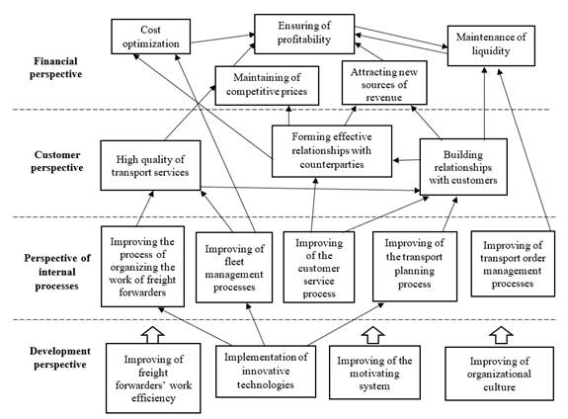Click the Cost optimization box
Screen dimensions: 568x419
151,37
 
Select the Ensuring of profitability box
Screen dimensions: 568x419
304,34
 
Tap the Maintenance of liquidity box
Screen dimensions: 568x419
491,45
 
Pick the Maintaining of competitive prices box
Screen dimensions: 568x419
267,86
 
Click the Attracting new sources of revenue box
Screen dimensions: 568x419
384,83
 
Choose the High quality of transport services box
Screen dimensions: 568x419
150,165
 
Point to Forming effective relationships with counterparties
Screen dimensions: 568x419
332,151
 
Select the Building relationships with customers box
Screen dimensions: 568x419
463,167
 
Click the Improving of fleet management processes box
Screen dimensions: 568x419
234,268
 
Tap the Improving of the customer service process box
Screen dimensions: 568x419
319,267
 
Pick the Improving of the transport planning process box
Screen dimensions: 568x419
415,267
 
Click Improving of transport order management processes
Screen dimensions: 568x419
513,264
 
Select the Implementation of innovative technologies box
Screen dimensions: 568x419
266,372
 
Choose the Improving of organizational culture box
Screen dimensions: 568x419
499,374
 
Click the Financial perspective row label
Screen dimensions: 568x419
55,67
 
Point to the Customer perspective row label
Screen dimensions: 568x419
57,161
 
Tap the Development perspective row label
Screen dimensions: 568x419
60,358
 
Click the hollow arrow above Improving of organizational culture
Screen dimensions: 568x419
501,335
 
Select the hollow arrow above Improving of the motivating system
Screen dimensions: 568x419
373,335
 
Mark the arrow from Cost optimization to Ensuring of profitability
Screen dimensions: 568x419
223,39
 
